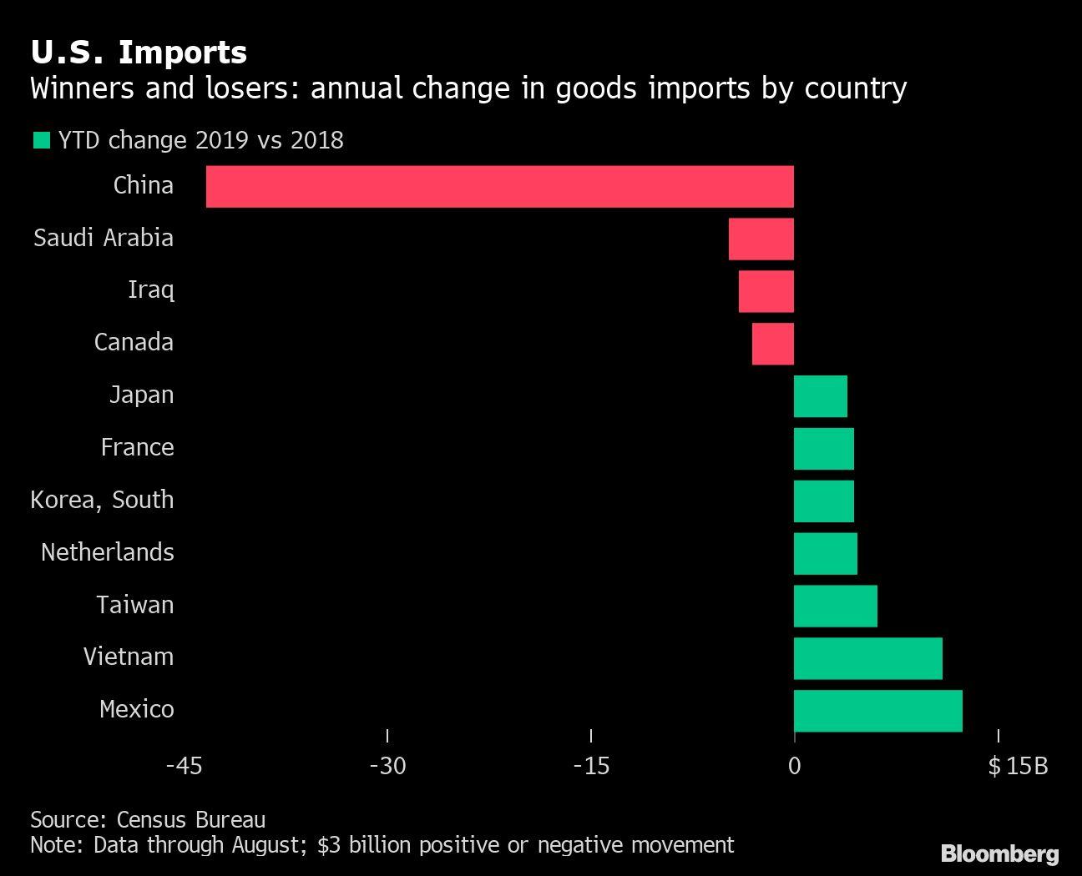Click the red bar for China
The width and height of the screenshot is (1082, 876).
[499, 186]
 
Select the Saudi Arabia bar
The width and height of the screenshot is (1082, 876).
[761, 239]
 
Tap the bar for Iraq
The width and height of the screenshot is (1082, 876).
[766, 291]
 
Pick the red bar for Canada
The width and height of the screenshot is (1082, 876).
[772, 344]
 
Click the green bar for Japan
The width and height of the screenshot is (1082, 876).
[820, 396]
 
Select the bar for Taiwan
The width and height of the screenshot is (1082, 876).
[835, 606]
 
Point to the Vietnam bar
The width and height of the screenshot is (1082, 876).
[867, 658]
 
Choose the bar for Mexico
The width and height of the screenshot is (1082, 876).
[877, 711]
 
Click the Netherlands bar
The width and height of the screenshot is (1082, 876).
[825, 553]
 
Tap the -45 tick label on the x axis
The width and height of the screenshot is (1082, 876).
[184, 766]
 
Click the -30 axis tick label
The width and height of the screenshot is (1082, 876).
[387, 766]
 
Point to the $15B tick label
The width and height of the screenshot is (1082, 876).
[1017, 766]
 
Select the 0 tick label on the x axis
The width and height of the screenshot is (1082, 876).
[794, 766]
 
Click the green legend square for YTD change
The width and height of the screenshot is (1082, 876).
[40, 140]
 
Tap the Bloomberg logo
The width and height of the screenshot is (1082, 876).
[999, 853]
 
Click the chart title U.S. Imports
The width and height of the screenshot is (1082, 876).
[139, 52]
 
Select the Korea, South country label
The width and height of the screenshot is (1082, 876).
[102, 500]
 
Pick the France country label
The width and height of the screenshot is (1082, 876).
[137, 447]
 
